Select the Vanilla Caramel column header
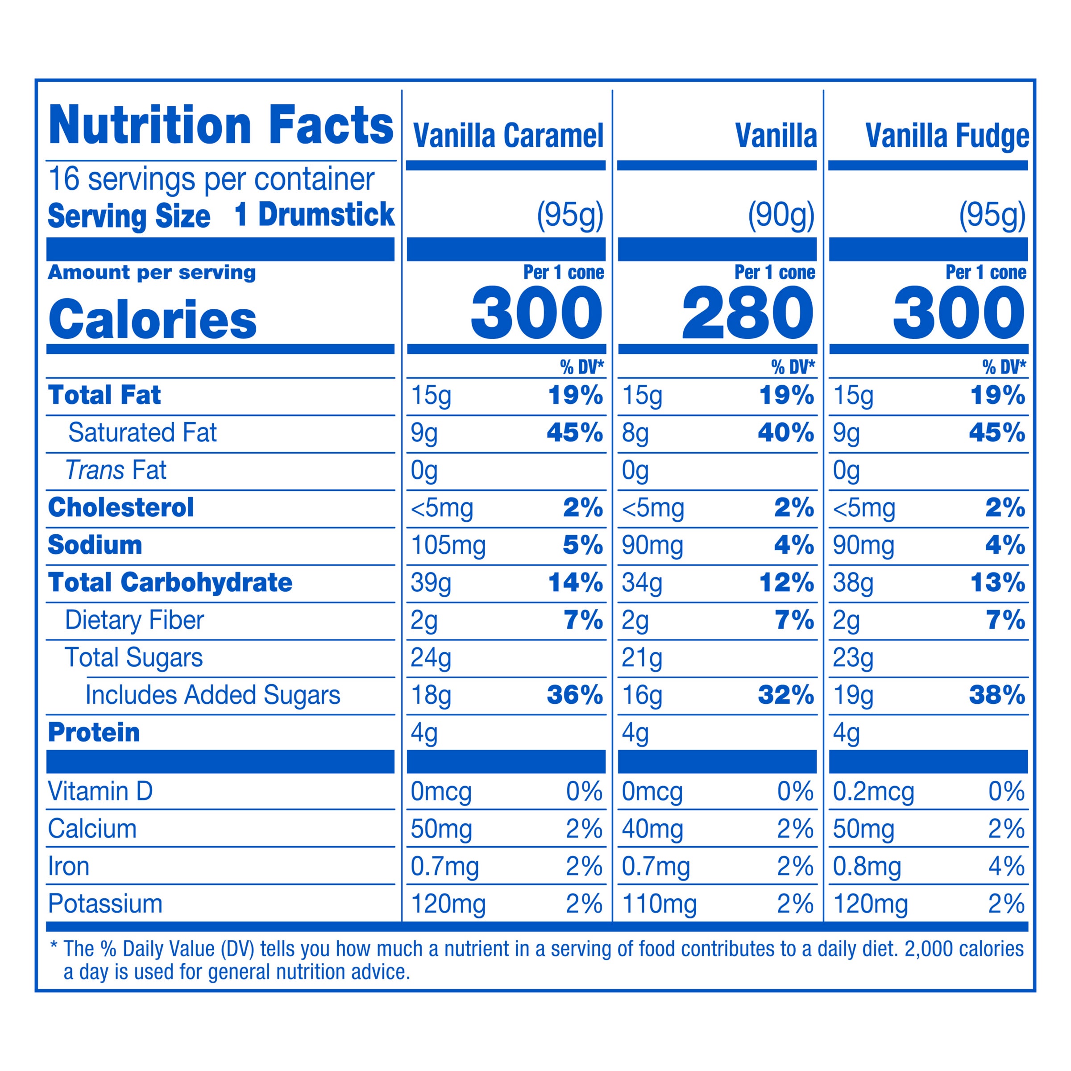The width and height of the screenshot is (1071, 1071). [508, 137]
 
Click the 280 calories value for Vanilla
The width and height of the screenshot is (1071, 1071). [747, 313]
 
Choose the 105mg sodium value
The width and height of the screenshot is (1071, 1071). [448, 545]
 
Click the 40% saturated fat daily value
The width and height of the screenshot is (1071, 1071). [785, 432]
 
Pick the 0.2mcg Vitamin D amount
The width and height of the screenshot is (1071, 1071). [873, 792]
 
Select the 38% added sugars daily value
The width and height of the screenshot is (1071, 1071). [997, 695]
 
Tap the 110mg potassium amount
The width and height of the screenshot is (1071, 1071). [659, 904]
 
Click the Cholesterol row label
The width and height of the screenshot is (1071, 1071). [121, 508]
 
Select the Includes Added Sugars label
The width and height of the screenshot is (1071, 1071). [212, 695]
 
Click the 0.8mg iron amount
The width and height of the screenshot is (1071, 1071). [867, 867]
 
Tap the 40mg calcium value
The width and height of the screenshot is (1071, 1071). [652, 829]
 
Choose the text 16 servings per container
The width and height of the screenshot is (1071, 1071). [211, 179]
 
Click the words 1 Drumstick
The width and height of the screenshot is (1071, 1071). [314, 215]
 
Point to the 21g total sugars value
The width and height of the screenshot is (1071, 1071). [642, 658]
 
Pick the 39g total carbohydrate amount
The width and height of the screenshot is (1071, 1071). [431, 583]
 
